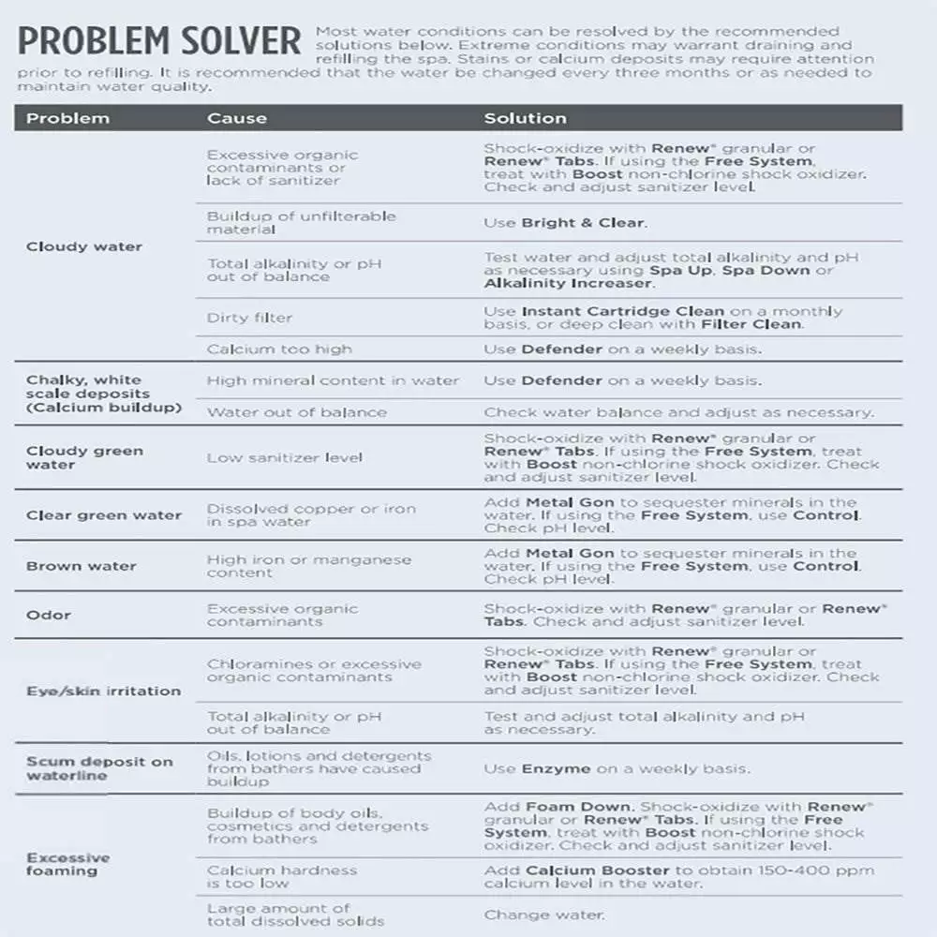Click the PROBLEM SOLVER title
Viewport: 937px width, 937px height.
coord(159,42)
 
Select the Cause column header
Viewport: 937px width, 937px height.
coord(236,118)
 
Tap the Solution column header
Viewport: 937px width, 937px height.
coord(525,118)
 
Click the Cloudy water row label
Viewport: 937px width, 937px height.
coord(84,246)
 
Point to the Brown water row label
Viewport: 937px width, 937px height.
coord(82,566)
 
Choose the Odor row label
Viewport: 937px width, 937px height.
coord(49,615)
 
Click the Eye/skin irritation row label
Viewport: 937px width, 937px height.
coord(103,691)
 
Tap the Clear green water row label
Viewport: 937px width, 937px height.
coord(103,515)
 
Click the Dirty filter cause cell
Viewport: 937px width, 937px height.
coord(249,318)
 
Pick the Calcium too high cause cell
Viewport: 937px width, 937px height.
coord(279,349)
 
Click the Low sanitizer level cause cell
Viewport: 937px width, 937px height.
coord(284,457)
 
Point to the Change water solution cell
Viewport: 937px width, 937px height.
coord(544,915)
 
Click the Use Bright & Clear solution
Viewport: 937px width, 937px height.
coord(565,223)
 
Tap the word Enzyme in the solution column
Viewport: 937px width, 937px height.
coord(556,768)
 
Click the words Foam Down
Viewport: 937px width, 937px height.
coord(578,807)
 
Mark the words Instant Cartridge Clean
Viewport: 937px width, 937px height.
coord(622,311)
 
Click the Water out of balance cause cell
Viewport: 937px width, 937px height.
coord(296,411)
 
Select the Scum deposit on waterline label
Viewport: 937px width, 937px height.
coord(98,768)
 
